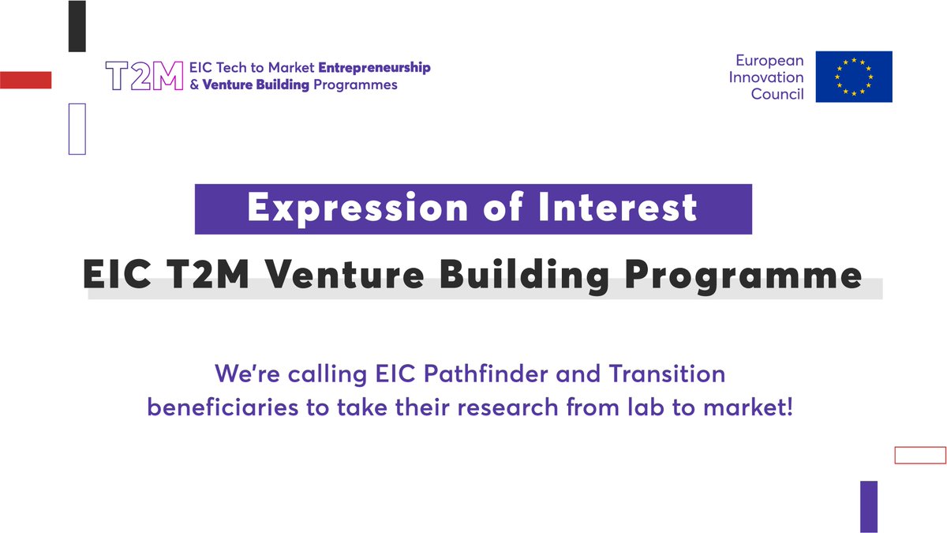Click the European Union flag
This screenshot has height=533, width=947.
[854, 77]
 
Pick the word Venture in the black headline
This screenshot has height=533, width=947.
[331, 276]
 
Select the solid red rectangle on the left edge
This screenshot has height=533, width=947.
[25, 80]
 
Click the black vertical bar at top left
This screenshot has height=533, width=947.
[77, 26]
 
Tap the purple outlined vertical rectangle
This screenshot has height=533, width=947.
[77, 128]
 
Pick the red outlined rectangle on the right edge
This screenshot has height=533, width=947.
[919, 455]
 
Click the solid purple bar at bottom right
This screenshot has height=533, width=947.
[868, 505]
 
